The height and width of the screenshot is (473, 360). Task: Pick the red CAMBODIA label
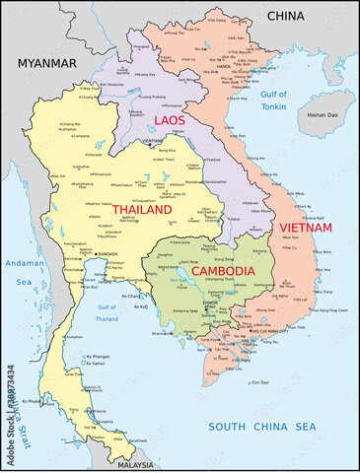coord(222,270)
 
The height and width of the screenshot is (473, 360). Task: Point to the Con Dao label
coord(259,382)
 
